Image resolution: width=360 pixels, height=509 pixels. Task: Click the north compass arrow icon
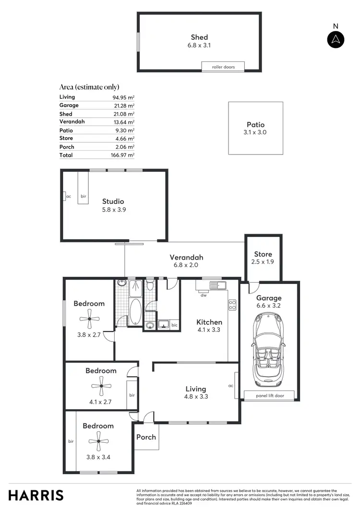pyautogui.click(x=336, y=39)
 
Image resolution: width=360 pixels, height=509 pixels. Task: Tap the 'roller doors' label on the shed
pyautogui.click(x=223, y=67)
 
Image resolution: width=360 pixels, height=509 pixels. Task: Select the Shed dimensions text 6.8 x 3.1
pyautogui.click(x=199, y=46)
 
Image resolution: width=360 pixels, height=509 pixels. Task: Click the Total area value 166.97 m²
pyautogui.click(x=123, y=155)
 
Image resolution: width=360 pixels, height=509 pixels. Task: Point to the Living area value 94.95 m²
pyautogui.click(x=123, y=97)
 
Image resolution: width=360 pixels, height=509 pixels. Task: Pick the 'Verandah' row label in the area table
pyautogui.click(x=72, y=122)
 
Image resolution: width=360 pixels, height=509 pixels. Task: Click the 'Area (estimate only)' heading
pyautogui.click(x=89, y=87)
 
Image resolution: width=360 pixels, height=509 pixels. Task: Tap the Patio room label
pyautogui.click(x=255, y=125)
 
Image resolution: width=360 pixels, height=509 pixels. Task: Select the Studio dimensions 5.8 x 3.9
pyautogui.click(x=113, y=210)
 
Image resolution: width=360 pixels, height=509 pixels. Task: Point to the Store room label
pyautogui.click(x=263, y=254)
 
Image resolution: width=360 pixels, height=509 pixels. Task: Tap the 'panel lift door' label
pyautogui.click(x=270, y=396)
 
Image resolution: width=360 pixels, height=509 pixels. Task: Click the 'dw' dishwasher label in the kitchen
pyautogui.click(x=204, y=296)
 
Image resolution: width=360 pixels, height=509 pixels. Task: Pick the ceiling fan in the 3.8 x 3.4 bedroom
pyautogui.click(x=98, y=442)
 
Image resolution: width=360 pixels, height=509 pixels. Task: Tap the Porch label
pyautogui.click(x=146, y=437)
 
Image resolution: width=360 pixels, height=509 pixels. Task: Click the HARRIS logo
pyautogui.click(x=36, y=495)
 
